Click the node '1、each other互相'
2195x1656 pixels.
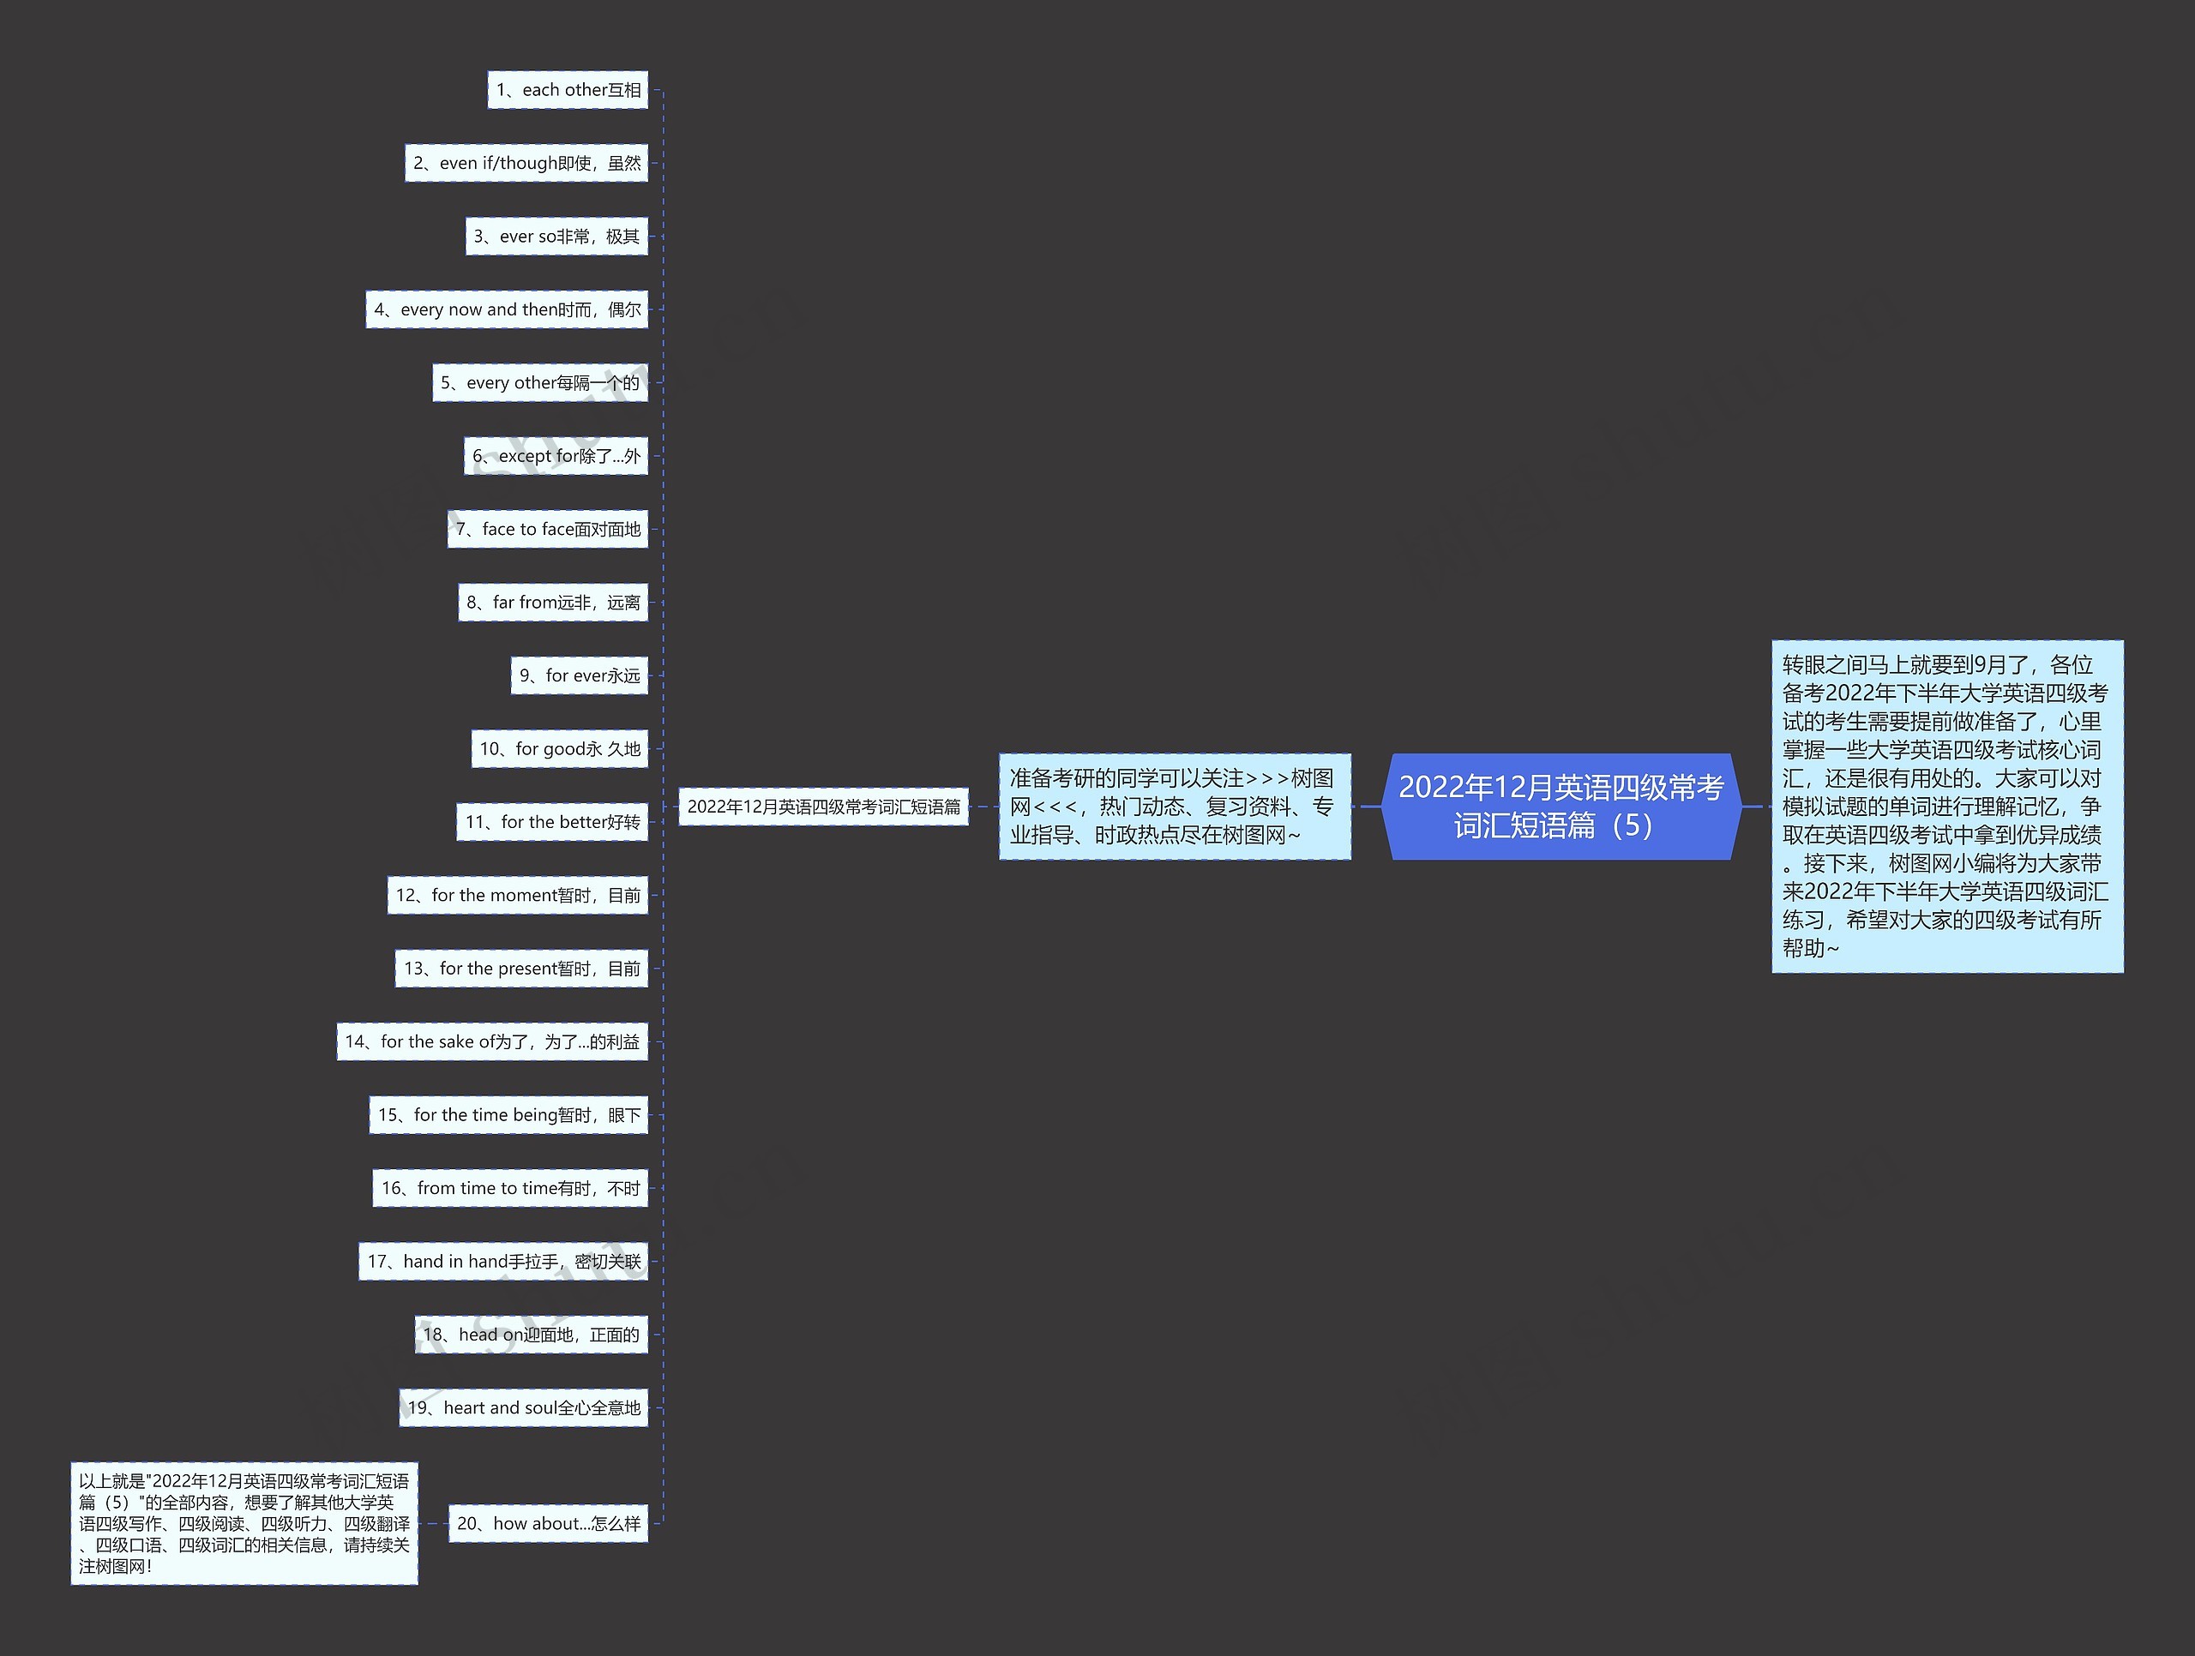click(x=568, y=90)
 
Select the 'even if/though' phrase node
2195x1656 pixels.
click(x=526, y=164)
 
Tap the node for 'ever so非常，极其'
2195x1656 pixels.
click(x=556, y=237)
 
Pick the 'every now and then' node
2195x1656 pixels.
click(x=506, y=309)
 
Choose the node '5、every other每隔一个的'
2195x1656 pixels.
click(x=540, y=383)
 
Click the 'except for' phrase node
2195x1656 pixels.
click(x=556, y=456)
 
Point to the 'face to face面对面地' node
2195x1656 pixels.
click(x=548, y=530)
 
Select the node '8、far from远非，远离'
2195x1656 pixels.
click(x=553, y=603)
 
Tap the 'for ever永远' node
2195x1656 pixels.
click(x=580, y=675)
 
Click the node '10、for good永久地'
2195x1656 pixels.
click(x=560, y=749)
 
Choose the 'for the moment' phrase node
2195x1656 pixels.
click(x=517, y=896)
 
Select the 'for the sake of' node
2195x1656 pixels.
click(x=492, y=1041)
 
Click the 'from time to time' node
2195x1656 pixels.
click(x=510, y=1189)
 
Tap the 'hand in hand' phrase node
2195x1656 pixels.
click(x=503, y=1262)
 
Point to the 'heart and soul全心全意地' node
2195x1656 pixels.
click(x=523, y=1408)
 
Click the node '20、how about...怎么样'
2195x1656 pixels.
click(x=548, y=1524)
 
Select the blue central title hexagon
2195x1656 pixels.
click(x=1561, y=807)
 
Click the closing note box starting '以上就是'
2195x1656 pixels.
click(x=244, y=1524)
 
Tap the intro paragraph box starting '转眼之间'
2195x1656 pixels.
click(x=1947, y=807)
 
